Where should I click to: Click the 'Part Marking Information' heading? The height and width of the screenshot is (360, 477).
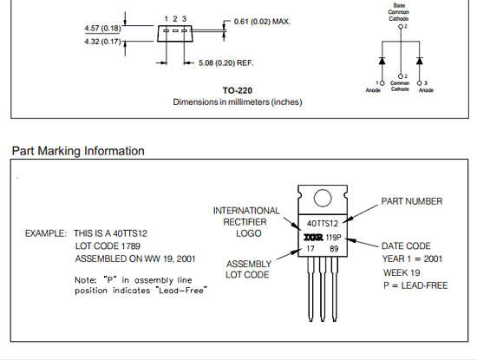pyautogui.click(x=78, y=151)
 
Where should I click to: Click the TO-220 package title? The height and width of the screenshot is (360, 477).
pyautogui.click(x=238, y=90)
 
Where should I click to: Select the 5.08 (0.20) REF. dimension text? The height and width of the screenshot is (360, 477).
pyautogui.click(x=226, y=63)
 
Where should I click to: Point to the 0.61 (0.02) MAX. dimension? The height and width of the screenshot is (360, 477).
pyautogui.click(x=262, y=22)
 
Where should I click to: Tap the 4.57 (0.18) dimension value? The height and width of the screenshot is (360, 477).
pyautogui.click(x=102, y=29)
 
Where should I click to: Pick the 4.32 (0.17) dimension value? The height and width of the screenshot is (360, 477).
pyautogui.click(x=102, y=42)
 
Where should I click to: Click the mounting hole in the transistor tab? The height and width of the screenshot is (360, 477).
pyautogui.click(x=323, y=198)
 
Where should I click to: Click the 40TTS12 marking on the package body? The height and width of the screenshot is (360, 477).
pyautogui.click(x=323, y=224)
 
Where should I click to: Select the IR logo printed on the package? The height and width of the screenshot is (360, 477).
pyautogui.click(x=313, y=237)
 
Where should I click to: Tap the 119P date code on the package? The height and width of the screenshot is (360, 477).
pyautogui.click(x=333, y=238)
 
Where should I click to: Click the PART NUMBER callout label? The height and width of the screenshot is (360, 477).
pyautogui.click(x=412, y=201)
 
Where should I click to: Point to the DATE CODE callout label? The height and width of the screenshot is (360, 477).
pyautogui.click(x=406, y=245)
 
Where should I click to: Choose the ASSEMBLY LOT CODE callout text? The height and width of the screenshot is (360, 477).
pyautogui.click(x=248, y=269)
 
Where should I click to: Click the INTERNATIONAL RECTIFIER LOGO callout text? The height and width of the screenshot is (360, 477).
pyautogui.click(x=246, y=222)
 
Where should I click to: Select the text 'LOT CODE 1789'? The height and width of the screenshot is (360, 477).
pyautogui.click(x=108, y=245)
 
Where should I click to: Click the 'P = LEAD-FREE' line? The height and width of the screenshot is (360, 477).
pyautogui.click(x=415, y=285)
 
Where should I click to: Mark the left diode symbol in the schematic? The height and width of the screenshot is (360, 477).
pyautogui.click(x=382, y=61)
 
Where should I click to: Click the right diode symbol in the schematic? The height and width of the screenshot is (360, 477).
pyautogui.click(x=420, y=61)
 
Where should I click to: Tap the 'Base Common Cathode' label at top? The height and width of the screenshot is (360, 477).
pyautogui.click(x=399, y=12)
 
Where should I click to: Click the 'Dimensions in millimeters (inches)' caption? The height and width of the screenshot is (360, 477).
pyautogui.click(x=238, y=102)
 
